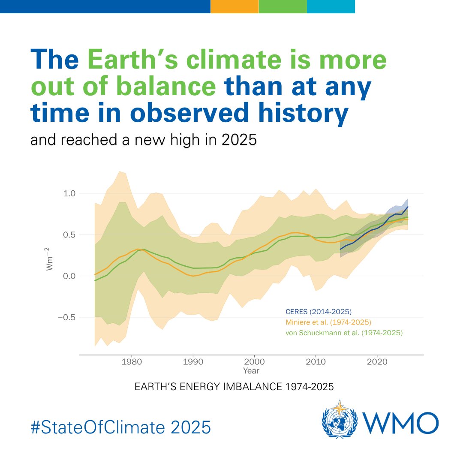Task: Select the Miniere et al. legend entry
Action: click(x=328, y=322)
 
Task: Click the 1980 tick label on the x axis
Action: click(x=132, y=362)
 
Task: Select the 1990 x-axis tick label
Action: click(x=193, y=362)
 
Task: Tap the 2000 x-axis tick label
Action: click(x=255, y=362)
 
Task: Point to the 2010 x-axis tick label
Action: click(x=316, y=362)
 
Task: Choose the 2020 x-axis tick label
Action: click(x=377, y=362)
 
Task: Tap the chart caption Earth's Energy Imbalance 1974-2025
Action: click(x=234, y=386)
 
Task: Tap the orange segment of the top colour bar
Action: click(x=235, y=6)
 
